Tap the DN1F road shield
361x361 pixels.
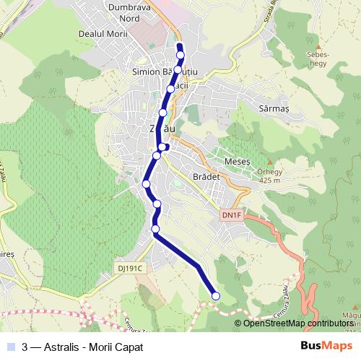231,215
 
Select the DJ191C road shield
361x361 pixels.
131,268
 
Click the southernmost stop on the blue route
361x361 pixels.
215,295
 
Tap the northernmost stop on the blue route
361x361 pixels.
180,54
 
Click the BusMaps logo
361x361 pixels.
323,347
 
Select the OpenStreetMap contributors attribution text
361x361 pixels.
297,323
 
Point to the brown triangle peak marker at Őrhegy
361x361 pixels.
270,162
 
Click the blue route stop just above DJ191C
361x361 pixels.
155,230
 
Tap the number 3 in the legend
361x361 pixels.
25,347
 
